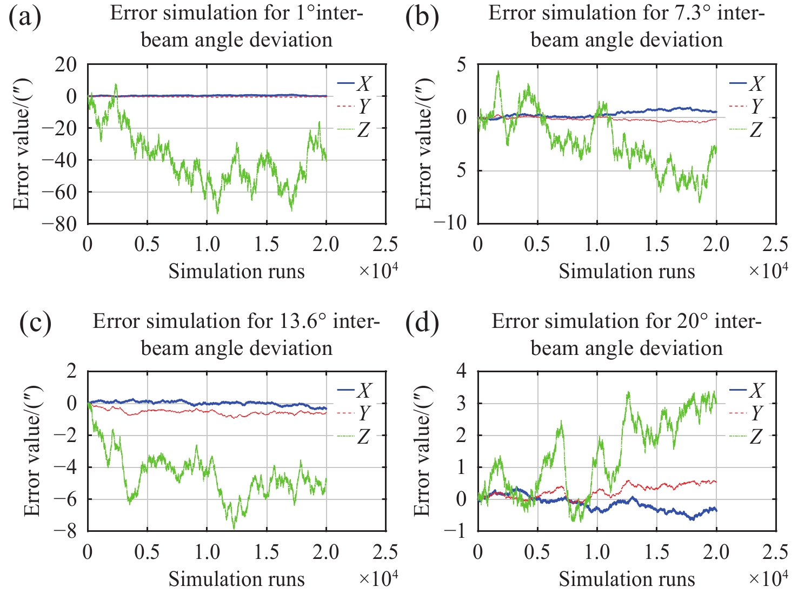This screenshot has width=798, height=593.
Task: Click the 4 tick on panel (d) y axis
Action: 461,372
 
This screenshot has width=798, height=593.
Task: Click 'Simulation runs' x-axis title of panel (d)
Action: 627,579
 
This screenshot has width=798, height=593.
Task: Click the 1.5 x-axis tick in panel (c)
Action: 267,552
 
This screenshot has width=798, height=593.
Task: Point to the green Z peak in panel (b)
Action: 498,71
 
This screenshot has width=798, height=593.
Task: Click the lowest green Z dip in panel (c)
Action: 234,528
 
